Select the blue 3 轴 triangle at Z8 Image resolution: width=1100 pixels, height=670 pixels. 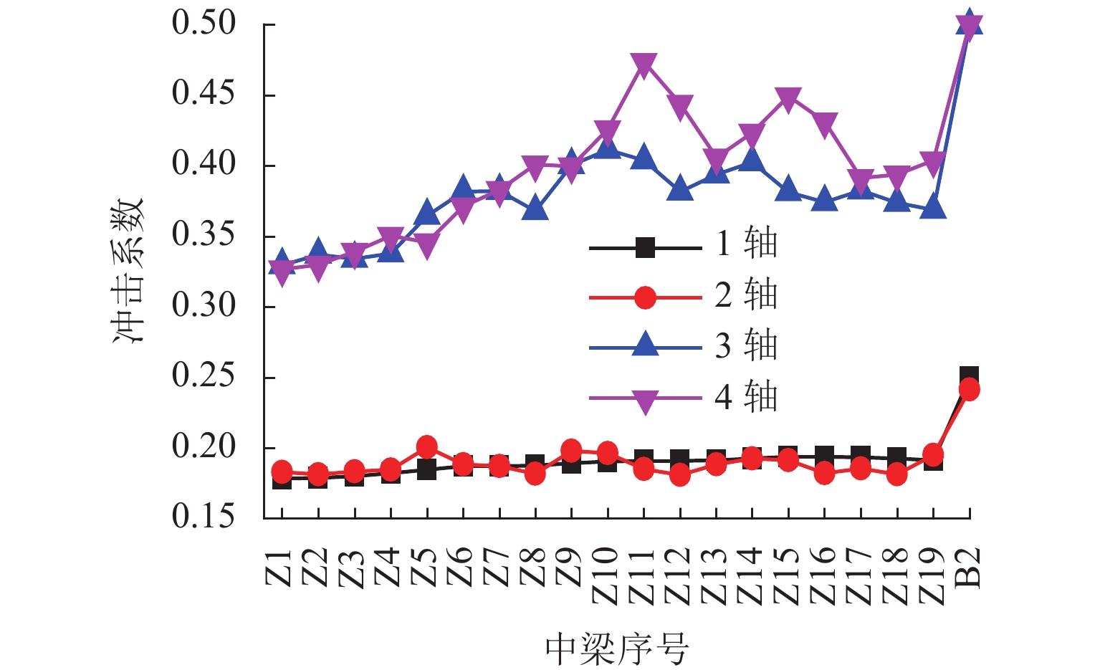535,209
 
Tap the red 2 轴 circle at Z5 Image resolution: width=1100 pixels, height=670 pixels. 427,447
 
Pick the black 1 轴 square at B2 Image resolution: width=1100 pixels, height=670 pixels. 969,375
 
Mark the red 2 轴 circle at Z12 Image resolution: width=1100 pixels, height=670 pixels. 680,474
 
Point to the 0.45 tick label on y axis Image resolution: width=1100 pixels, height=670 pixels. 204,94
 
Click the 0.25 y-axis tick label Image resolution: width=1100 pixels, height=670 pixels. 204,376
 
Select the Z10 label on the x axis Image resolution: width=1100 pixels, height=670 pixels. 606,575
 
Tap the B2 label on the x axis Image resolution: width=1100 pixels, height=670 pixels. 968,568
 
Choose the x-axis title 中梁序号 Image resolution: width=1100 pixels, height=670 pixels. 617,649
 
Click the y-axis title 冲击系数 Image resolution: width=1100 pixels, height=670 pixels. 129,270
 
